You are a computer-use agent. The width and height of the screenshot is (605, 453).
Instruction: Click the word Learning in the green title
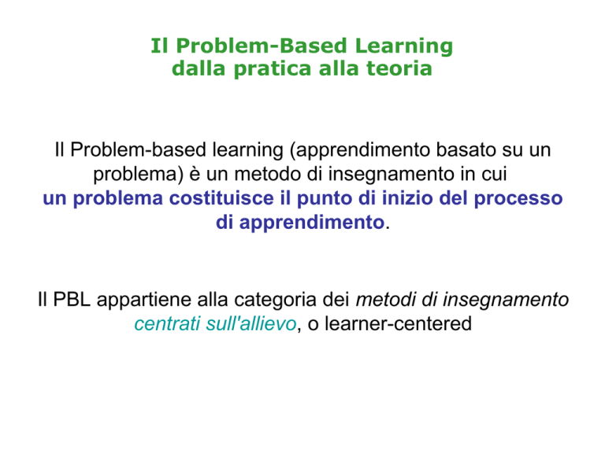click(403, 47)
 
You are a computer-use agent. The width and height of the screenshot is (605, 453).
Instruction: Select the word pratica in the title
click(273, 70)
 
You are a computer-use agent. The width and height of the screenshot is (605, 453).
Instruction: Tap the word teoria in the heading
click(399, 68)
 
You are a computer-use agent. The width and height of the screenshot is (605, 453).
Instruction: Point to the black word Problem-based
click(139, 149)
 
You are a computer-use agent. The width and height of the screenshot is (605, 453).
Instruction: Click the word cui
click(494, 174)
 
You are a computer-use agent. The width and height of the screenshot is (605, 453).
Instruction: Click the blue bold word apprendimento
click(312, 223)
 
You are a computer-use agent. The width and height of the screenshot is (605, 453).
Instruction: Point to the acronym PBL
click(72, 300)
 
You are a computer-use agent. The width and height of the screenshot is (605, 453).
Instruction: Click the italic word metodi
click(386, 300)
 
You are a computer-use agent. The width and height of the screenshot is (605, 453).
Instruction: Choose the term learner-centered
click(398, 323)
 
